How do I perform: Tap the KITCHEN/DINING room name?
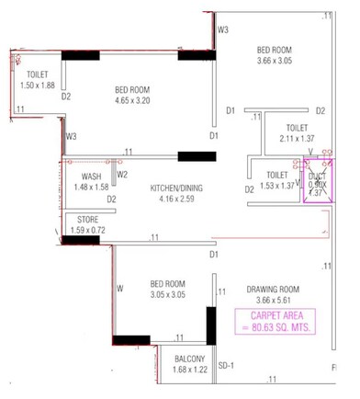178,188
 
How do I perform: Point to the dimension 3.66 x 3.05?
274,61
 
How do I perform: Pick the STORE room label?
88,220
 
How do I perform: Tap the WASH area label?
91,177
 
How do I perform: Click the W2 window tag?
121,175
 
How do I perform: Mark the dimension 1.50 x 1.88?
38,85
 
